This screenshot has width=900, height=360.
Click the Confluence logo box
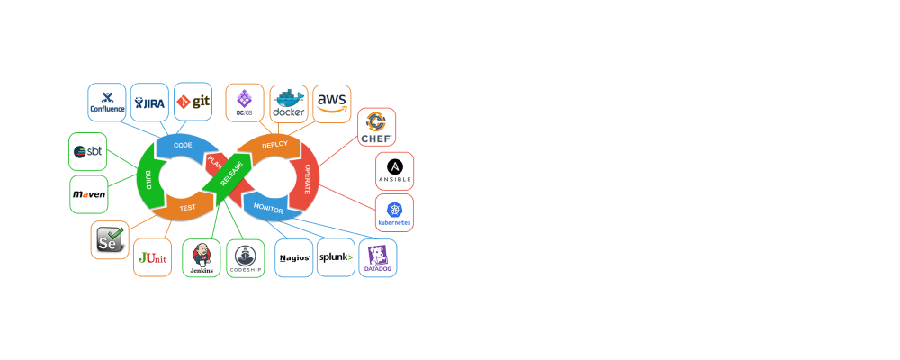[x=107, y=103]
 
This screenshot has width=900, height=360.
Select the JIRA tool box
[x=149, y=103]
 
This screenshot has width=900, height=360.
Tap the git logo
[x=193, y=103]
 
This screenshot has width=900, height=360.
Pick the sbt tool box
[x=88, y=151]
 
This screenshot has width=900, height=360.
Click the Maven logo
[x=89, y=194]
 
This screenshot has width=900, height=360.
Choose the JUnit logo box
[x=152, y=257]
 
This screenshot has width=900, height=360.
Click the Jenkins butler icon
[x=202, y=256]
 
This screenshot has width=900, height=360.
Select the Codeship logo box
[x=246, y=257]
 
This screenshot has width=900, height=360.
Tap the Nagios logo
[x=294, y=257]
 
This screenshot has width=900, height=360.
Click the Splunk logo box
[x=336, y=257]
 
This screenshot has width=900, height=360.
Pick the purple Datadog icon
[x=378, y=256]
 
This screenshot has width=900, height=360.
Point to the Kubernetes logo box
[x=394, y=212]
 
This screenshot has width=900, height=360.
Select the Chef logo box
[x=376, y=127]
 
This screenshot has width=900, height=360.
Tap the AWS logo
[x=332, y=101]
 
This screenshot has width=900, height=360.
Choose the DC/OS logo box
[x=245, y=103]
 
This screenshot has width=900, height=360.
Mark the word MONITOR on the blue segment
[x=268, y=210]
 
